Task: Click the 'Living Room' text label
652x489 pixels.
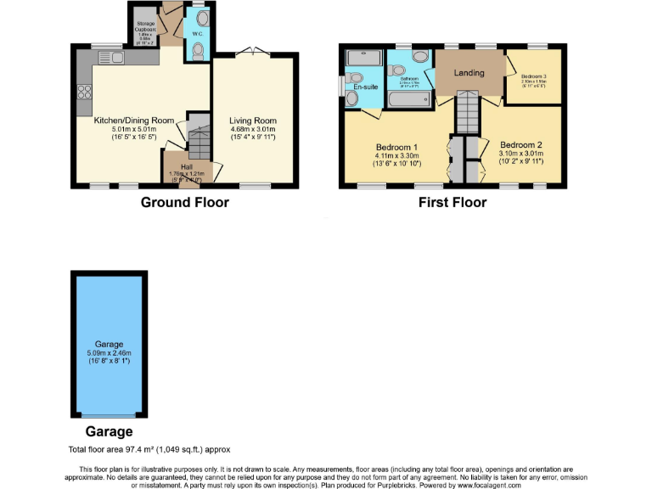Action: [253, 121]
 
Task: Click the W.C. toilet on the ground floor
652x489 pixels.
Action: [198, 52]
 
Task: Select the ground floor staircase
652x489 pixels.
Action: [199, 141]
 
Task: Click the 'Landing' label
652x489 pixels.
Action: [469, 73]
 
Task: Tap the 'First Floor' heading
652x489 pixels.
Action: [452, 202]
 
